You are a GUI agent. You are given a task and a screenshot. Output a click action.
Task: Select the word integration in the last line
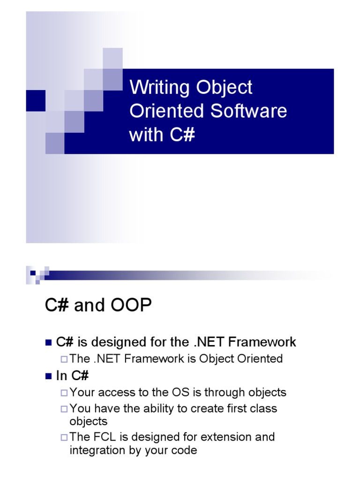[96, 450]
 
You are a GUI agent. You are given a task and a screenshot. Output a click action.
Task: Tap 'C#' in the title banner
[181, 135]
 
